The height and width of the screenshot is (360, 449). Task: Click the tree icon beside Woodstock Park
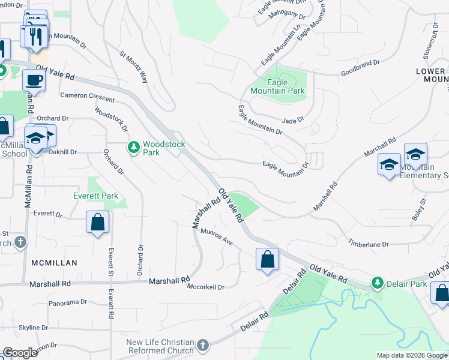pyautogui.click(x=134, y=146)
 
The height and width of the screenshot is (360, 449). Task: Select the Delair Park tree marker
pyautogui.click(x=378, y=282)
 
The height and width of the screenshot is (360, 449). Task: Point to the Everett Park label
pyautogui.click(x=95, y=196)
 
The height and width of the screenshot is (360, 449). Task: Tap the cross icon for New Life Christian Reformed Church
pyautogui.click(x=203, y=346)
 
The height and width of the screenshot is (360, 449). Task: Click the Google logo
pyautogui.click(x=20, y=353)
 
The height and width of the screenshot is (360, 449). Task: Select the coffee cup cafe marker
pyautogui.click(x=34, y=80)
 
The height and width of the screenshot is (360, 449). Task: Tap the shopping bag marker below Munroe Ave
pyautogui.click(x=267, y=260)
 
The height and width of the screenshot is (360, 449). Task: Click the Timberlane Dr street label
pyautogui.click(x=369, y=244)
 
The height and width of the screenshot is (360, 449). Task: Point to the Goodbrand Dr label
pyautogui.click(x=361, y=62)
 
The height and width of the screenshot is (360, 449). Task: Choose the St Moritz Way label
pyautogui.click(x=134, y=66)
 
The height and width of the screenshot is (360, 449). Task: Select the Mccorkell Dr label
pyautogui.click(x=206, y=287)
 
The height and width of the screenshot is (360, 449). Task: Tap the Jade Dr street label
pyautogui.click(x=294, y=120)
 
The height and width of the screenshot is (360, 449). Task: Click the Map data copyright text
pyautogui.click(x=411, y=355)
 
